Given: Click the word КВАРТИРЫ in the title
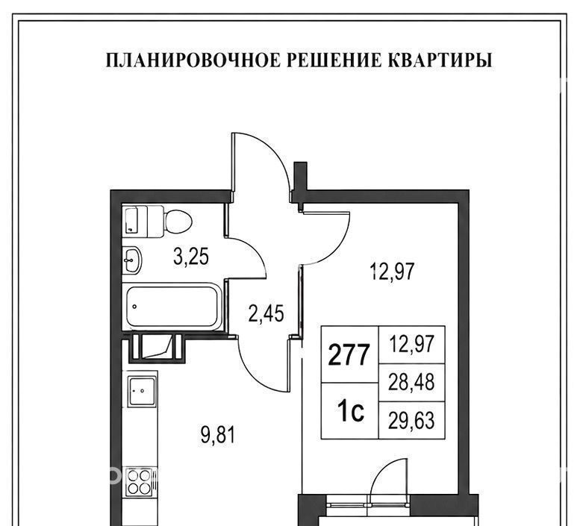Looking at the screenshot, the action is pyautogui.click(x=440, y=60).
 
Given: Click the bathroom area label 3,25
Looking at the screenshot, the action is pyautogui.click(x=191, y=257).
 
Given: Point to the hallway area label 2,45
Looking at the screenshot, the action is pyautogui.click(x=266, y=313).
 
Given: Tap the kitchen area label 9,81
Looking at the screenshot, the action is pyautogui.click(x=217, y=435).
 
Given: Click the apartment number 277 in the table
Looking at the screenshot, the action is pyautogui.click(x=349, y=354).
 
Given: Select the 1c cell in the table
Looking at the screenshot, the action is pyautogui.click(x=350, y=411).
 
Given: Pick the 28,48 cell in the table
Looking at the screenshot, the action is pyautogui.click(x=412, y=382).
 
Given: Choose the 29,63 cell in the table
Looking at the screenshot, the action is pyautogui.click(x=412, y=421).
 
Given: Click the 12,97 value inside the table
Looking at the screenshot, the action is pyautogui.click(x=411, y=344).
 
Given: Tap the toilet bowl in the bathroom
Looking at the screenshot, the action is pyautogui.click(x=178, y=222).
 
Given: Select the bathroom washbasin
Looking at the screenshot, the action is pyautogui.click(x=131, y=260).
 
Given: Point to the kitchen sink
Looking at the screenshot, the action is pyautogui.click(x=143, y=392).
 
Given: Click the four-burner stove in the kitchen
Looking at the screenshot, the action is pyautogui.click(x=139, y=482).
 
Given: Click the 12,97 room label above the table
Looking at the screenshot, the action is pyautogui.click(x=392, y=272).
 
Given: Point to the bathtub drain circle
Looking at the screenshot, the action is pyautogui.click(x=134, y=307).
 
